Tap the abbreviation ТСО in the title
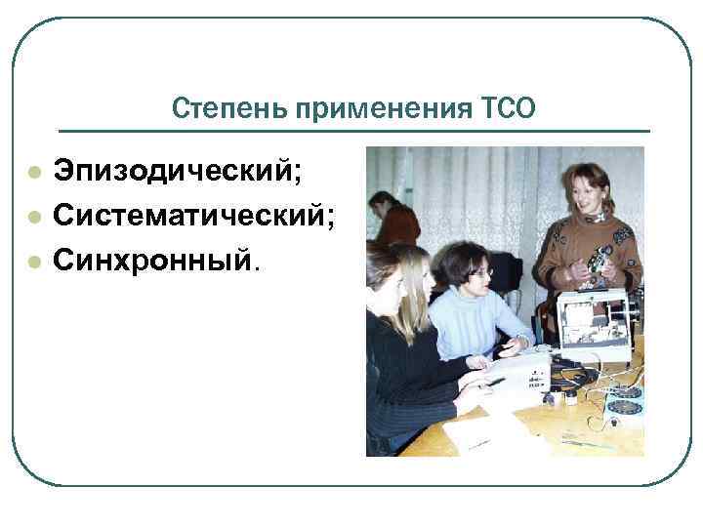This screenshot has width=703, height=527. pos(509,107)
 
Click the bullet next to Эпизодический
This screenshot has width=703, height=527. pos(33,173)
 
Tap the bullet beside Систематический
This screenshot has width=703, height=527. pos(33,217)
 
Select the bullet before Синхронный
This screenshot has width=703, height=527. pos(33,261)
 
